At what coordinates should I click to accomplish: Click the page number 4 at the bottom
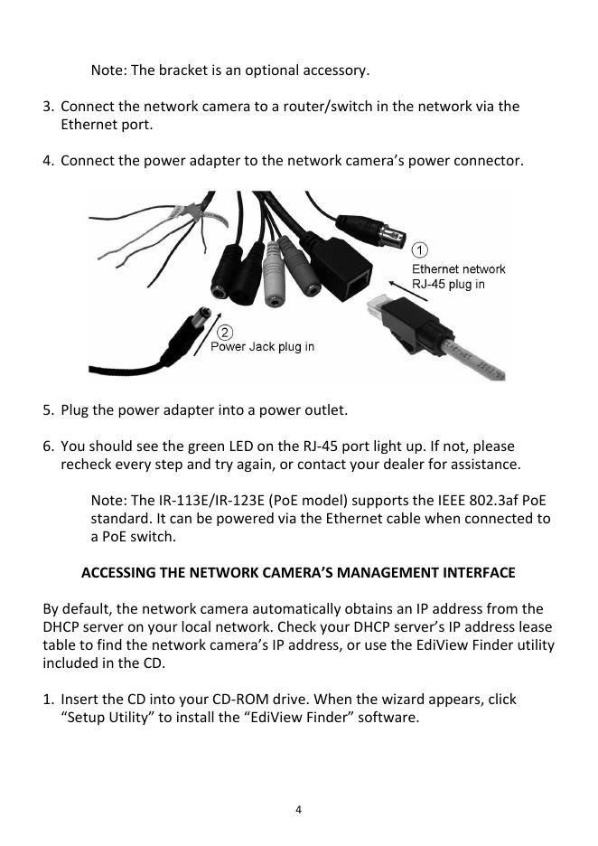[x=299, y=809]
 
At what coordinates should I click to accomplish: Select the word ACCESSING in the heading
[x=119, y=573]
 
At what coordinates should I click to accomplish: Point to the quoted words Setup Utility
[x=101, y=718]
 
